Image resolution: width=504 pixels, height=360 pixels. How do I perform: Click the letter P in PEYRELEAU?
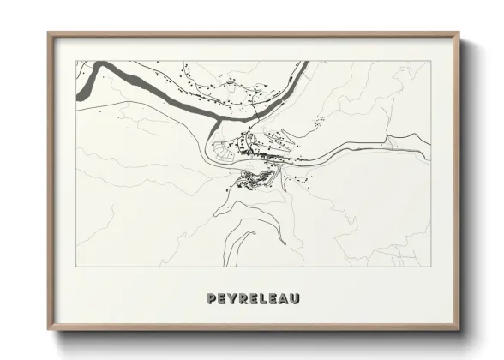(x=212, y=299)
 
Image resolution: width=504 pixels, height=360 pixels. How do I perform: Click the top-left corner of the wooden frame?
(x=48, y=33)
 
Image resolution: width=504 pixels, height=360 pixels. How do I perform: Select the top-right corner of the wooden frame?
(x=460, y=33)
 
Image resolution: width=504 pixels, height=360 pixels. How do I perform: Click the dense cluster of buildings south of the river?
(x=255, y=179)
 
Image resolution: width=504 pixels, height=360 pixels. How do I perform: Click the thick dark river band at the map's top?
(x=171, y=94)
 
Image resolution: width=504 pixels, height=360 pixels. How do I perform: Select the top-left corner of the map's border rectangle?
(x=76, y=61)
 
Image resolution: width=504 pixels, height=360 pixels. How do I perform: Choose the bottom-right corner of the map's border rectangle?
(x=430, y=267)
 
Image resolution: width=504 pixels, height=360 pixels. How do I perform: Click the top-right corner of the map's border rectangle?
(x=430, y=61)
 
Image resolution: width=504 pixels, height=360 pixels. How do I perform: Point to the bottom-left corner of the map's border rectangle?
(x=76, y=267)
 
